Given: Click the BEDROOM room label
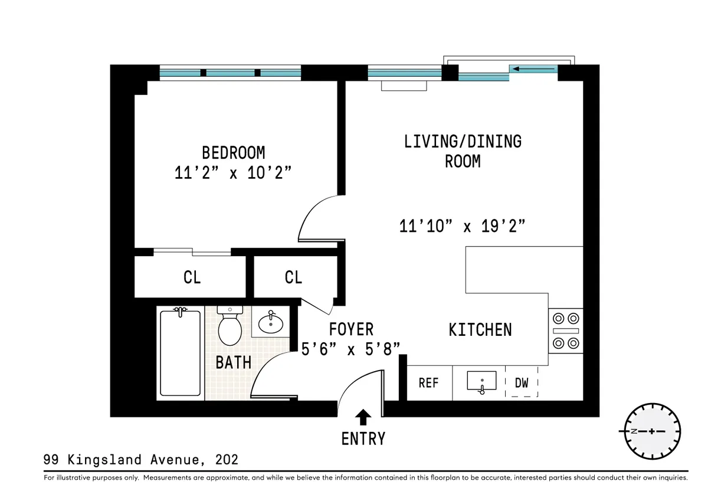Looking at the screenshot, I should (x=233, y=152).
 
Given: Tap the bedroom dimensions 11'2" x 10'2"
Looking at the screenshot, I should (x=234, y=173).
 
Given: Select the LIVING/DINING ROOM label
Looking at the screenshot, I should (x=463, y=151).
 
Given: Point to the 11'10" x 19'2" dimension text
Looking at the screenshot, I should (x=463, y=225).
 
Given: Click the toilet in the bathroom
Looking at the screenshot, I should (x=229, y=328).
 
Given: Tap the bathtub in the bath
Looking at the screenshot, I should (x=181, y=353).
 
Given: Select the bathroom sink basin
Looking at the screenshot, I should (x=271, y=322).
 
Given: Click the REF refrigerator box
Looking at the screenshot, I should (x=429, y=383).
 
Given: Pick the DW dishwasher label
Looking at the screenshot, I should (x=522, y=383).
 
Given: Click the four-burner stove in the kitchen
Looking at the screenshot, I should (x=565, y=331).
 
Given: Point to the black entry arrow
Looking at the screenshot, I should (x=364, y=418).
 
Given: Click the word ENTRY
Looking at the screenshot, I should (x=363, y=439).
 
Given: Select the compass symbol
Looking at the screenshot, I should (x=652, y=431).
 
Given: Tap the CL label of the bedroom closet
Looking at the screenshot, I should (x=192, y=277).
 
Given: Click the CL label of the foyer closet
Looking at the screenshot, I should (x=293, y=277).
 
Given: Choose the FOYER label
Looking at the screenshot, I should (x=351, y=329).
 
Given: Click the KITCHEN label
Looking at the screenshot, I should (x=480, y=329).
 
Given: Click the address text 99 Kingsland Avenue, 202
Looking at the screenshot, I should (x=141, y=460).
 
